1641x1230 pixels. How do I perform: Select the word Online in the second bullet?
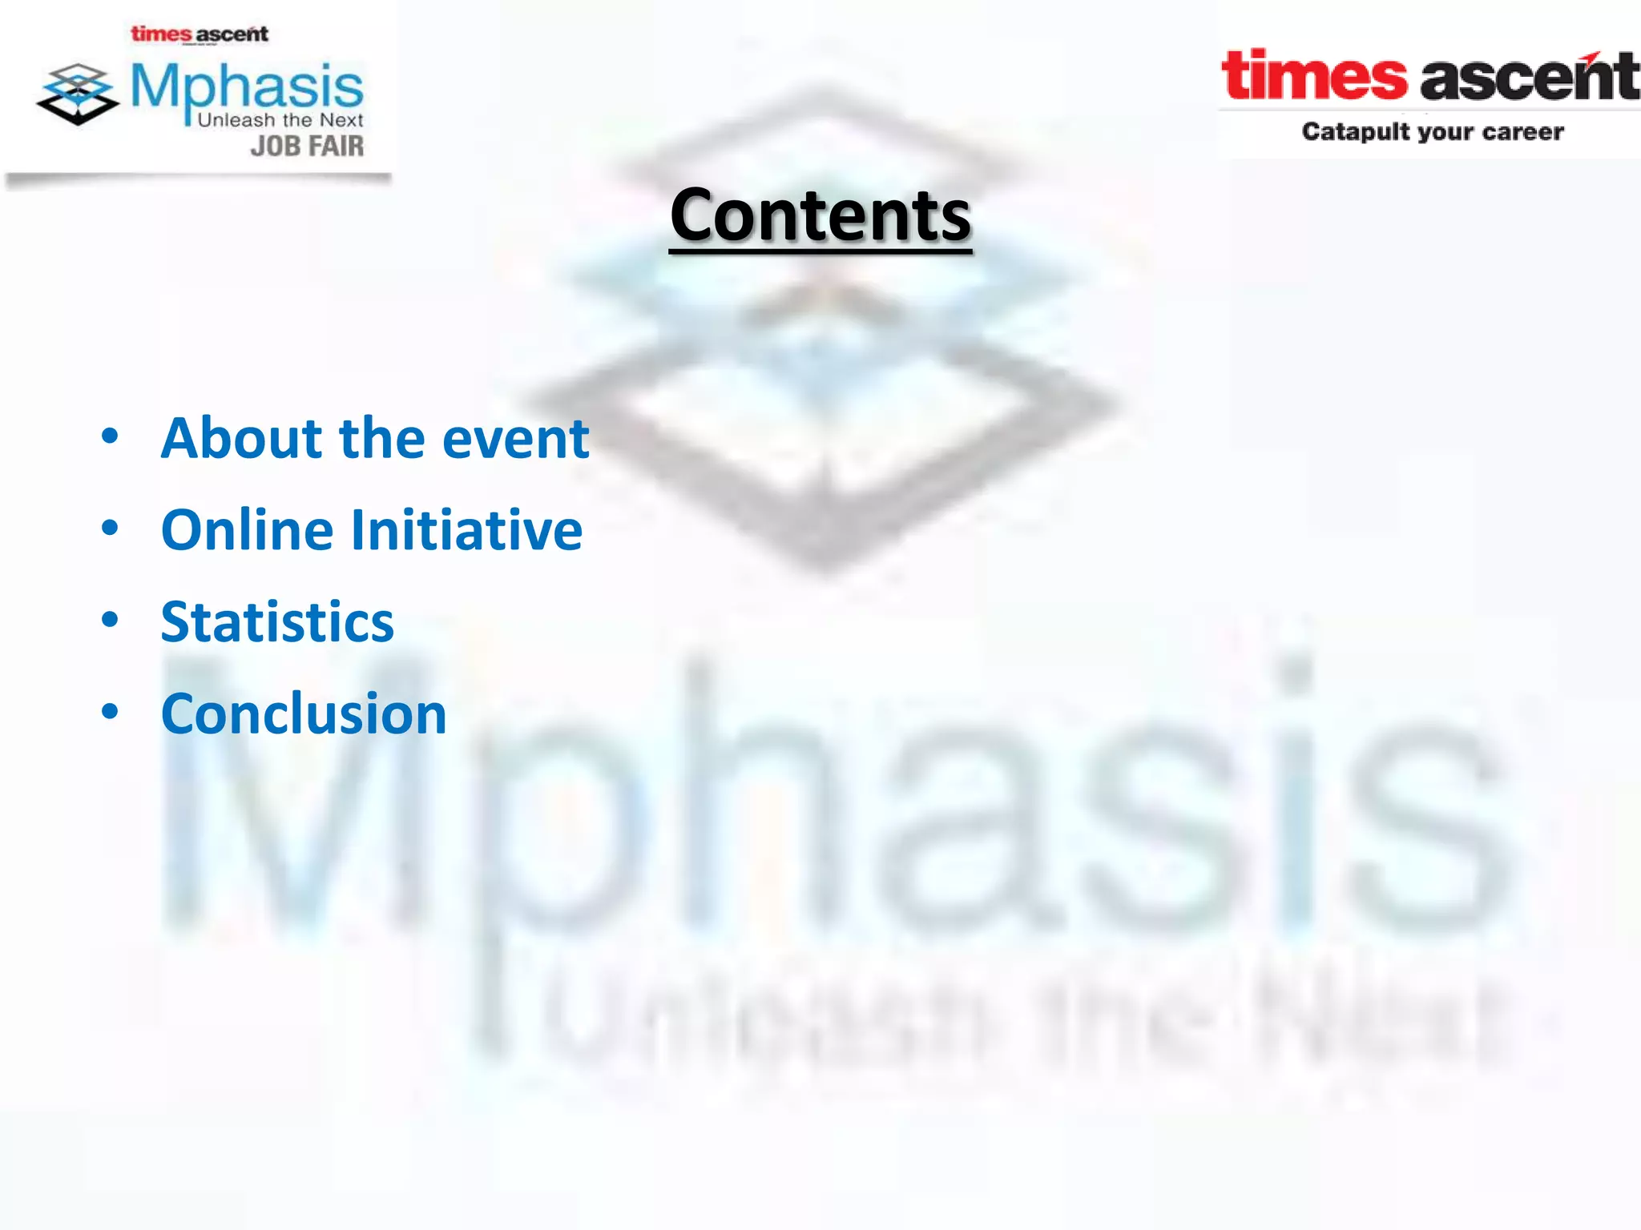247,530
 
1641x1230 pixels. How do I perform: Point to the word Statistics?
277,622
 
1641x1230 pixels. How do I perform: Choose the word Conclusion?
304,713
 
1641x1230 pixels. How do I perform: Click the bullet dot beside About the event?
110,436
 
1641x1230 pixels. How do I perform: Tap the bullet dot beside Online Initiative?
110,528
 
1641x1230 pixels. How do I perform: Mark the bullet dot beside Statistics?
110,619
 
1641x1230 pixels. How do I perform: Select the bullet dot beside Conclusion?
110,710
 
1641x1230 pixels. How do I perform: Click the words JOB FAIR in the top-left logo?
307,147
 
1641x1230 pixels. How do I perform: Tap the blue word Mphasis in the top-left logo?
247,86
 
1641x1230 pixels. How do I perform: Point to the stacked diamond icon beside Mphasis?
78,94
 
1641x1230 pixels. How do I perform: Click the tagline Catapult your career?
1432,131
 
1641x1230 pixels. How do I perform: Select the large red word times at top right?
1313,76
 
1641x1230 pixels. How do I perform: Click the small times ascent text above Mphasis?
200,34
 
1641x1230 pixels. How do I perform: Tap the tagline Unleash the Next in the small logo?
280,120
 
